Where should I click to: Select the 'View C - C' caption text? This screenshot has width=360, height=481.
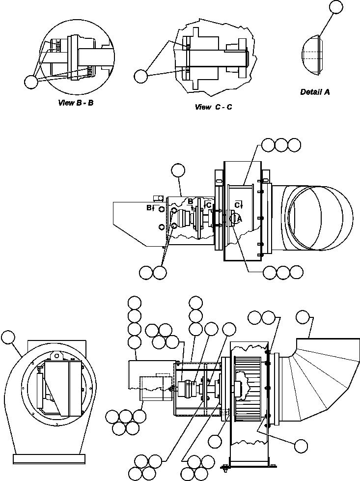213,107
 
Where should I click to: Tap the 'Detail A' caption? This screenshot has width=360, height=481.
315,92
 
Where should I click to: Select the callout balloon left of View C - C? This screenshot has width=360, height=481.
141,76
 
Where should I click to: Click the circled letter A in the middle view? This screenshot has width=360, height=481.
235,219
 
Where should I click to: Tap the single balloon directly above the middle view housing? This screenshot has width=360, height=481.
178,170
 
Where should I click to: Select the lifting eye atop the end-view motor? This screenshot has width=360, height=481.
57,355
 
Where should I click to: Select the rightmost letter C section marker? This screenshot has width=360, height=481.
237,204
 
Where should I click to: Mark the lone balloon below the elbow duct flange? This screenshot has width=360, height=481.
301,445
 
